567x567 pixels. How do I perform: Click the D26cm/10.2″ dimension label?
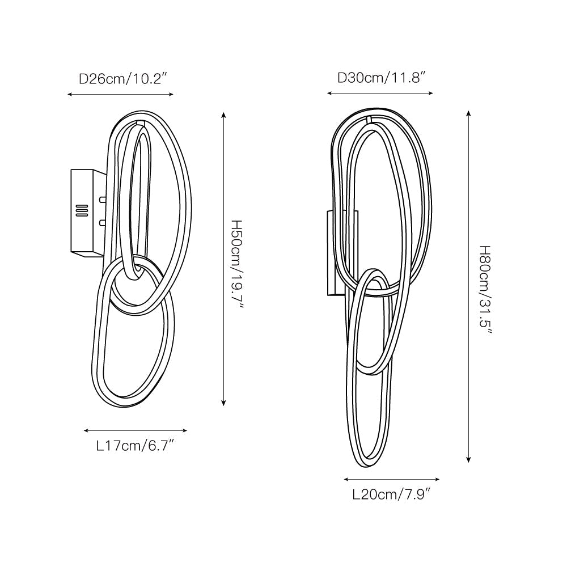pyautogui.click(x=123, y=79)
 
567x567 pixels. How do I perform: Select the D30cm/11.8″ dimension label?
pyautogui.click(x=382, y=78)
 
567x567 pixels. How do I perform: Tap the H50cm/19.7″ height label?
pyautogui.click(x=237, y=265)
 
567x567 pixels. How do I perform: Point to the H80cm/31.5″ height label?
pyautogui.click(x=485, y=290)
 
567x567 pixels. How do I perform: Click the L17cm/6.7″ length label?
pyautogui.click(x=136, y=446)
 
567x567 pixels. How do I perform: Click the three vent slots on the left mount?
pyautogui.click(x=82, y=210)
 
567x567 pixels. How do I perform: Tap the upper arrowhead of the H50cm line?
pyautogui.click(x=224, y=115)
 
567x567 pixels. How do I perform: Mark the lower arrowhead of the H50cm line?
pyautogui.click(x=224, y=402)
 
